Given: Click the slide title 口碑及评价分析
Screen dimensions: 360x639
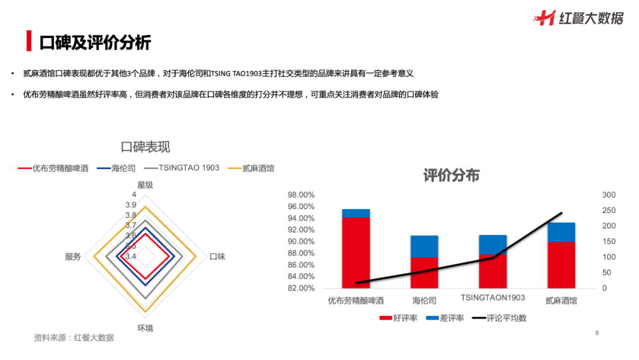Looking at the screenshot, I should click(x=95, y=43).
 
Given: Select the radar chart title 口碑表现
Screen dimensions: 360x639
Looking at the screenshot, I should click(x=145, y=147).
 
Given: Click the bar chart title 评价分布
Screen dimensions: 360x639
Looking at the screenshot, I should click(x=451, y=175).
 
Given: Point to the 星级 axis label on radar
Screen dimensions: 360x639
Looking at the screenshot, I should click(x=145, y=185).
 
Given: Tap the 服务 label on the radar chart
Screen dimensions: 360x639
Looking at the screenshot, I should click(x=73, y=256).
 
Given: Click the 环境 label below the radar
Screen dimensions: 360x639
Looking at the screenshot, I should click(x=145, y=327).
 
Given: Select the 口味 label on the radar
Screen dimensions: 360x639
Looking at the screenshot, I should click(x=218, y=256).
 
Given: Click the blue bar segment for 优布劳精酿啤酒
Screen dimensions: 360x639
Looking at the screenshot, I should click(x=356, y=213).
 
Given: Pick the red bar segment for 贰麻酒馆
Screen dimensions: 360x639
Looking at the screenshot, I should click(x=561, y=265).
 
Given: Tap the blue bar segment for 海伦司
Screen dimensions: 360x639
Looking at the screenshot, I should click(x=424, y=246).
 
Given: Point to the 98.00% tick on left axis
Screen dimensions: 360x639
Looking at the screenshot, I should click(x=301, y=195).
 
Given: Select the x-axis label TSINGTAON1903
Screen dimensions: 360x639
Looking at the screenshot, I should click(x=493, y=298).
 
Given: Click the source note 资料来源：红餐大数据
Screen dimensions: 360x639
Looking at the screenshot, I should click(x=73, y=337).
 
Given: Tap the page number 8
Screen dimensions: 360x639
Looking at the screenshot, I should click(x=597, y=333).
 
